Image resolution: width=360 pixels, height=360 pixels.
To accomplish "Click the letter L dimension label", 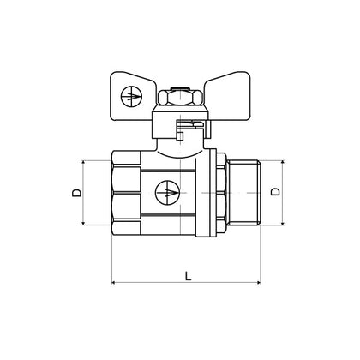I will pyautogui.click(x=188, y=274).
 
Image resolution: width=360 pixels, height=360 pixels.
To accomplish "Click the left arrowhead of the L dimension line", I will pyautogui.click(x=116, y=284).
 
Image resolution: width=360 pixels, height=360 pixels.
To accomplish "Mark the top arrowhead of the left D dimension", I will pyautogui.click(x=86, y=162).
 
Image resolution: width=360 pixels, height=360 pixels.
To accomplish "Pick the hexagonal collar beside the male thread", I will pyautogui.click(x=222, y=194).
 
